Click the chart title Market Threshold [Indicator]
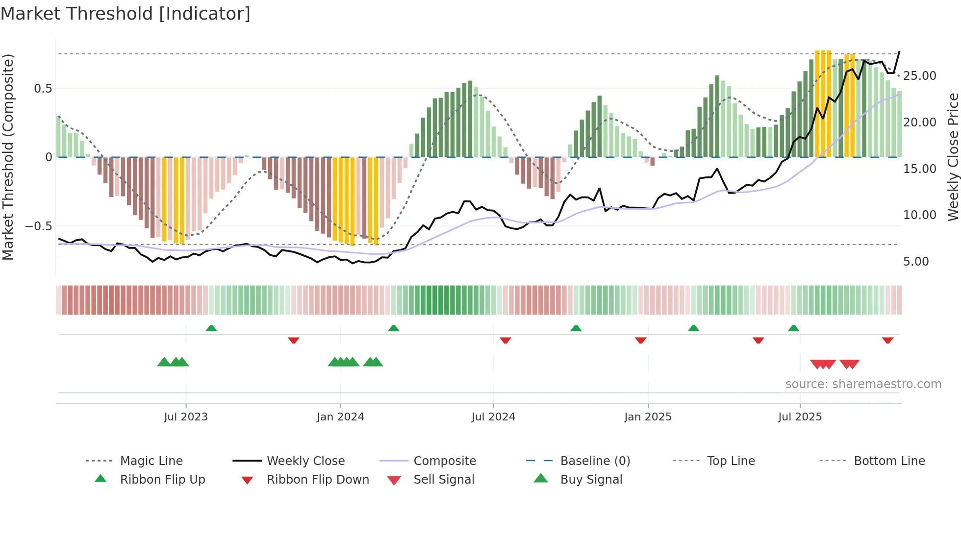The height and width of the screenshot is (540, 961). [126, 14]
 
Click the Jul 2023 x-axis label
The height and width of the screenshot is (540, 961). [186, 417]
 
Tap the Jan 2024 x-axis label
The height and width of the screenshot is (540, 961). [340, 417]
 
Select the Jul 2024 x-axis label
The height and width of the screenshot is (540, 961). [493, 417]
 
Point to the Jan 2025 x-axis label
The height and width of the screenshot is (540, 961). [648, 417]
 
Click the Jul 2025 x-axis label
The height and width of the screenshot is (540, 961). [800, 417]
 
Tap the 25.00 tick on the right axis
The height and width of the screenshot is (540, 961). [919, 76]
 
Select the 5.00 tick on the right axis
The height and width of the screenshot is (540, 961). [916, 262]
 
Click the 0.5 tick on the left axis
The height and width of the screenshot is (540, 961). [43, 89]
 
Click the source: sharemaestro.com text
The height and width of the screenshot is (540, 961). [863, 384]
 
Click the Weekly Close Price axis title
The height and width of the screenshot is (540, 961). [953, 157]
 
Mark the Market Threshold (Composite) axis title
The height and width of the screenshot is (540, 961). [8, 157]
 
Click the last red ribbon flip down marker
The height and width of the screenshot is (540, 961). [887, 340]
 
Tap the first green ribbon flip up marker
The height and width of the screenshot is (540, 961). [211, 328]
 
